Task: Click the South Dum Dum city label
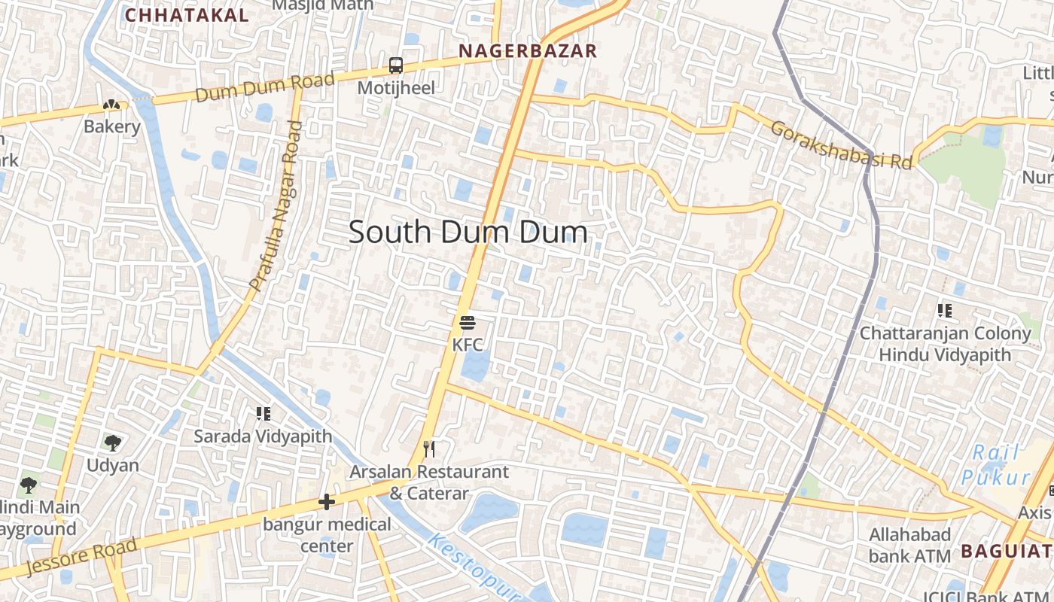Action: [468, 233]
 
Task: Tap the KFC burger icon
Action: [468, 324]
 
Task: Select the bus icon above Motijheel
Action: [396, 65]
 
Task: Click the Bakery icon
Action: [111, 106]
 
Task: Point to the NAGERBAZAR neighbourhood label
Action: [527, 51]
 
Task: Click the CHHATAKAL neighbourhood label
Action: [187, 15]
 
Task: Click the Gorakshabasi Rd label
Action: [841, 144]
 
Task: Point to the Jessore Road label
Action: [81, 556]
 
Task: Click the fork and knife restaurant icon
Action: [429, 449]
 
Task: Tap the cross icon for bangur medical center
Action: [327, 501]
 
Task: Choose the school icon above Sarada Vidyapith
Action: [263, 413]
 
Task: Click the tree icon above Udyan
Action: [113, 442]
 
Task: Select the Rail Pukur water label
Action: [995, 464]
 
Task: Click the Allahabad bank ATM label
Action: [910, 545]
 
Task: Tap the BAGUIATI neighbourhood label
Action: [1007, 552]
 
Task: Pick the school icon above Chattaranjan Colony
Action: [945, 310]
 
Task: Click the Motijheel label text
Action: [396, 88]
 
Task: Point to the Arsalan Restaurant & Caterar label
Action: [429, 482]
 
